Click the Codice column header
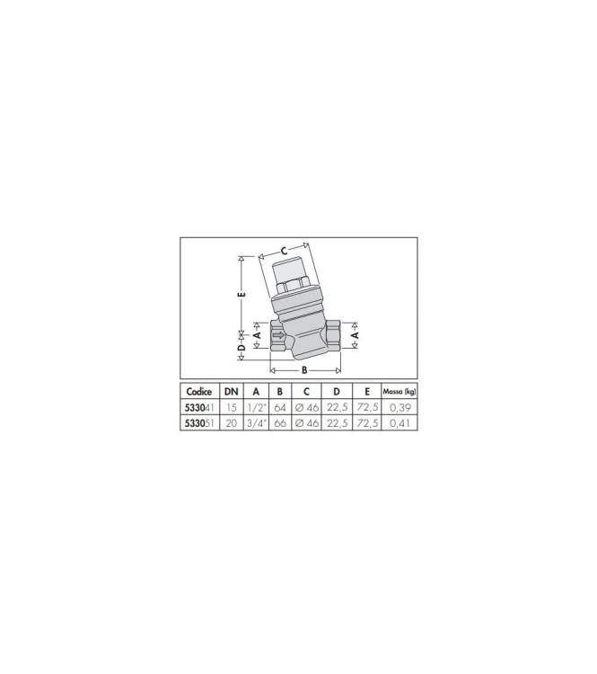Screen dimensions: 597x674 [199, 392]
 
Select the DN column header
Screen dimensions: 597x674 [231, 392]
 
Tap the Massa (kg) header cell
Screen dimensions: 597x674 [399, 392]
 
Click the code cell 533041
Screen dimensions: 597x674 [199, 407]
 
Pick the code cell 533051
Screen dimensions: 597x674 [199, 423]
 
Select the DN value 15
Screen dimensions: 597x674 [231, 407]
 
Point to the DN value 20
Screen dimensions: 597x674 [231, 423]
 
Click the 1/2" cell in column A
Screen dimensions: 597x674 [257, 407]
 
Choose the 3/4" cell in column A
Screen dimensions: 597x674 [257, 423]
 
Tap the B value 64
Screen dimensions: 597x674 [279, 407]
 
